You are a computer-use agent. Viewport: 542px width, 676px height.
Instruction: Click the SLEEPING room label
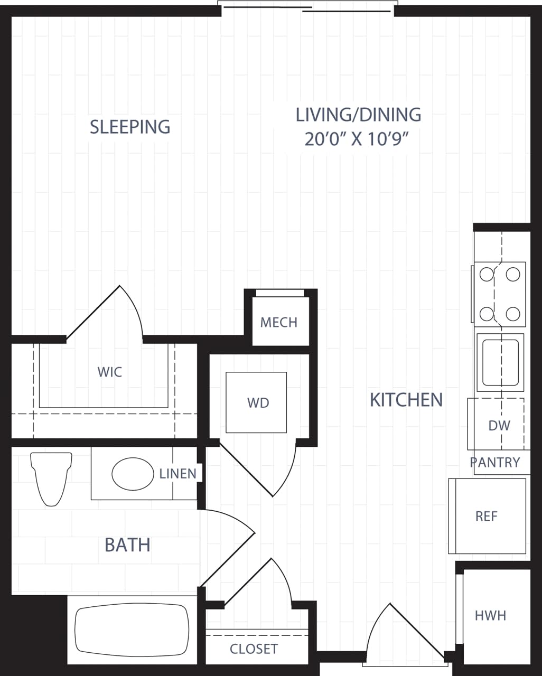(130, 127)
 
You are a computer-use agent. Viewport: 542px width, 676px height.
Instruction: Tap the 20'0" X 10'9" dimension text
(358, 139)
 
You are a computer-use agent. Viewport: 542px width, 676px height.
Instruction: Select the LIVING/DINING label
(358, 114)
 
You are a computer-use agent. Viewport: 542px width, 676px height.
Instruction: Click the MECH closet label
(278, 322)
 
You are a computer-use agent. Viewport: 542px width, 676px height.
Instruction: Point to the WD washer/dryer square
(257, 402)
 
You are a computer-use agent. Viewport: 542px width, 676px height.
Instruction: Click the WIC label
(110, 372)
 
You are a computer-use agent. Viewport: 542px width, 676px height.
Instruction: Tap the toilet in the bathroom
(51, 477)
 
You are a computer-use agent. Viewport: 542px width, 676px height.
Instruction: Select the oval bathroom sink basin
(133, 474)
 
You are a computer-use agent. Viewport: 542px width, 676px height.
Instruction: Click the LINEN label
(178, 474)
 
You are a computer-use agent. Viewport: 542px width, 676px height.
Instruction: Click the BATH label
(127, 544)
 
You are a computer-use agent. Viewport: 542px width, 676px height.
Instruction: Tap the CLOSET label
(254, 649)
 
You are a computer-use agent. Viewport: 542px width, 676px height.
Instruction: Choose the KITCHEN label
(406, 400)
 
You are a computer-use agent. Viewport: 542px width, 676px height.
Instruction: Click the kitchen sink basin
(500, 362)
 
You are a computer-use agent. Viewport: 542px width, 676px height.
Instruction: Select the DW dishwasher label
(499, 425)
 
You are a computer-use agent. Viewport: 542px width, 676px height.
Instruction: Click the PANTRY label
(495, 463)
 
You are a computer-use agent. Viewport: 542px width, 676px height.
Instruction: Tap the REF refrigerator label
(487, 516)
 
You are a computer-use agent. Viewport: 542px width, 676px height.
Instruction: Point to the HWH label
(490, 615)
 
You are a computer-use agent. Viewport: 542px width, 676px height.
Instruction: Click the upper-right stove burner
(513, 274)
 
